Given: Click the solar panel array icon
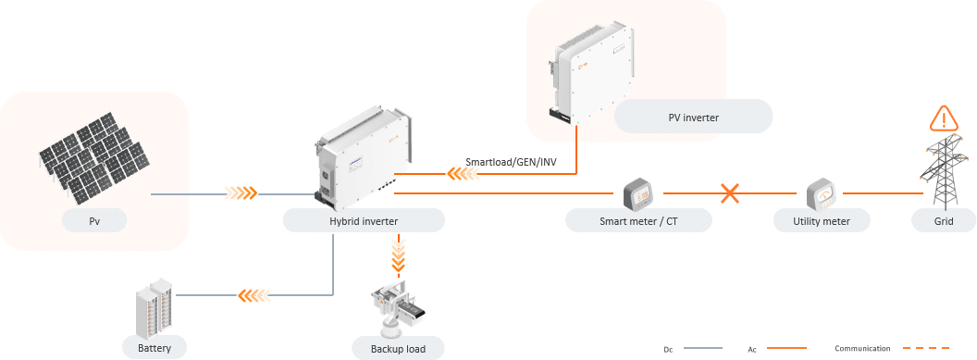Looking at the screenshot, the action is tap(94, 157).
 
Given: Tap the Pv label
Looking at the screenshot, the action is tap(94, 220).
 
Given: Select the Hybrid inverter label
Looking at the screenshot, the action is tap(364, 220).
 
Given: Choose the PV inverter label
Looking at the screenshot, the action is tap(694, 116).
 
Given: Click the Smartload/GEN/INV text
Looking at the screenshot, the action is tap(511, 162).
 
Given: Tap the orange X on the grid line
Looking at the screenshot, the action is tap(730, 193).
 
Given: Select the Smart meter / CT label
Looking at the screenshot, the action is tap(638, 220).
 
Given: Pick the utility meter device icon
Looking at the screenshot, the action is tap(823, 195).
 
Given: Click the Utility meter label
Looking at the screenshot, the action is tap(822, 220).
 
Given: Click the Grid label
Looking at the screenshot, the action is tap(944, 220).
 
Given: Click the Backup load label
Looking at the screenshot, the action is tap(398, 349).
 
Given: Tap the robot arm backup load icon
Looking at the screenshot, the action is tap(399, 306).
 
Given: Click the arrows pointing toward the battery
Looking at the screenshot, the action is tap(255, 294).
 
